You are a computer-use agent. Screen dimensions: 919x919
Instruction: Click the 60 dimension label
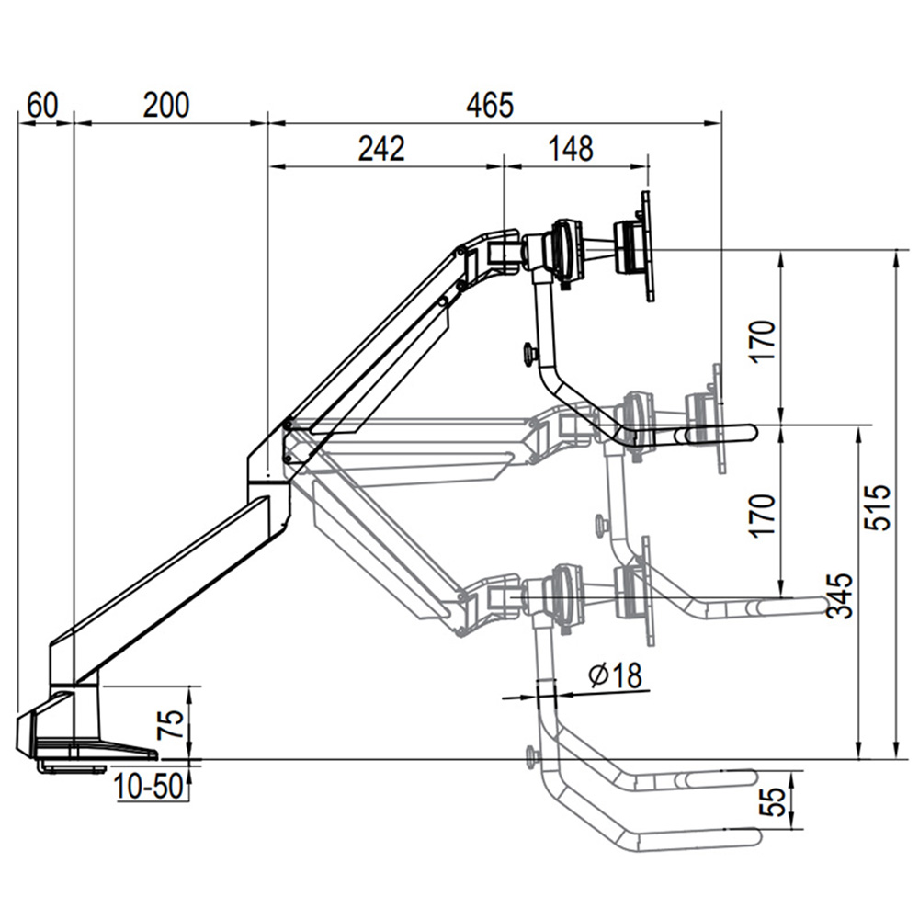41,105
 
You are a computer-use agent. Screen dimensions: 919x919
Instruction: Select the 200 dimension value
165,105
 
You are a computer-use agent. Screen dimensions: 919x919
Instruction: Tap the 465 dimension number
489,105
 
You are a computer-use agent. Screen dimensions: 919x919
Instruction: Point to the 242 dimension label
380,148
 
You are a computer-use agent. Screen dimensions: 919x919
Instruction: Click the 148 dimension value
570,148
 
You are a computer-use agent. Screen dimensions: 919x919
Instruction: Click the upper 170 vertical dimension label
763,341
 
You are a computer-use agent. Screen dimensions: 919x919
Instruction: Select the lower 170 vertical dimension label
763,515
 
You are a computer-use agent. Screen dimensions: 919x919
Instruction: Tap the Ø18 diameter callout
614,676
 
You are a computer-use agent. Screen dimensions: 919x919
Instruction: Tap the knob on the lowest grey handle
531,757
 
